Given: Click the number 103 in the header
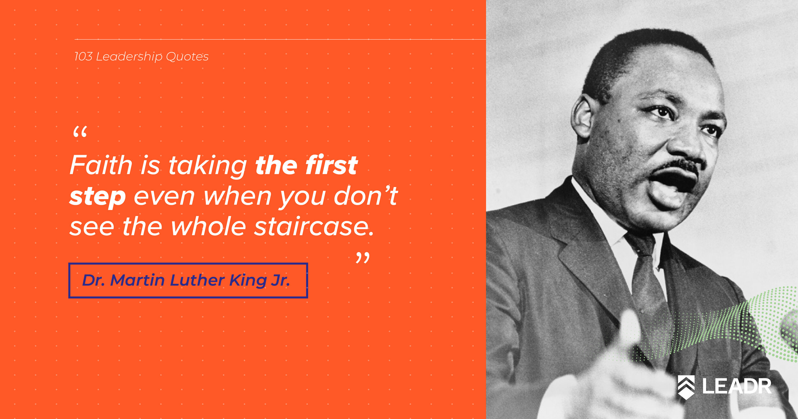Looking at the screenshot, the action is coord(83,56).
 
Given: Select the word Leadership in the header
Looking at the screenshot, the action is coord(129,57).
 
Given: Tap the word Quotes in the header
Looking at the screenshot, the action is coord(187,56).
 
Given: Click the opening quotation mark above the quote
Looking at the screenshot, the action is coord(80,131).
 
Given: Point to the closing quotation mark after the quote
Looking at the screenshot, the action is coord(363,258).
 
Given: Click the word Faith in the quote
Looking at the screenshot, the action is coord(101,165).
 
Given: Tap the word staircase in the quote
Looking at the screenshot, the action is coord(314,227).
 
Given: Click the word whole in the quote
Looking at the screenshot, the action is coord(208,227).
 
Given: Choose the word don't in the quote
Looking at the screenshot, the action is coord(366,196).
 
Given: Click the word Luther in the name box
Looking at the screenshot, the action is coord(197,280).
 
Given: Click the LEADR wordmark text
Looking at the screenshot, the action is coord(737,386).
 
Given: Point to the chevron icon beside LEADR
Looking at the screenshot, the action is coord(686,387).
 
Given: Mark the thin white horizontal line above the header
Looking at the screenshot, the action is coord(280,39).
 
